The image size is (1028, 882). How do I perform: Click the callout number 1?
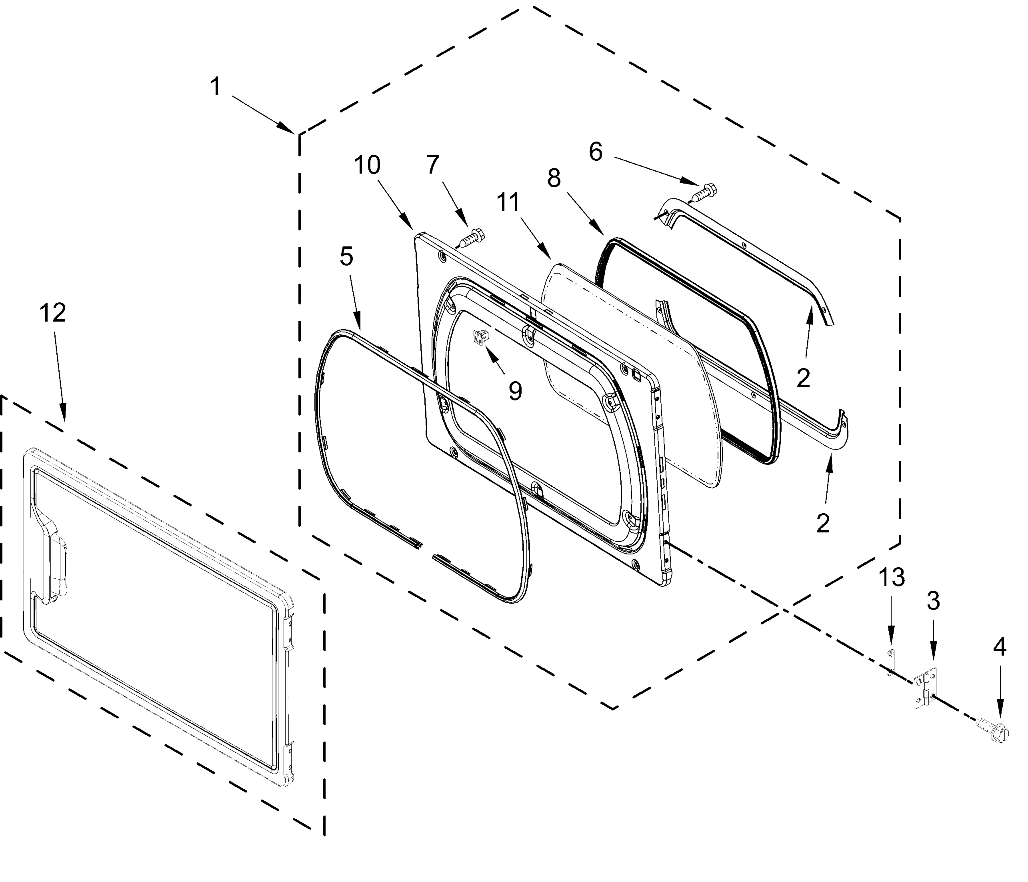coord(215,87)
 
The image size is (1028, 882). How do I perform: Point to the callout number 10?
coord(367,165)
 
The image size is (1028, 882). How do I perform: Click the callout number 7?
coord(433,165)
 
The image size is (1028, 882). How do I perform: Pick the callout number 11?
coord(508,202)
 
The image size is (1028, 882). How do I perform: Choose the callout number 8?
coord(554,177)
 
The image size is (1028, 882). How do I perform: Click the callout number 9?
coord(516,391)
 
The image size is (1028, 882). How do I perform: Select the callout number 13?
coord(892,578)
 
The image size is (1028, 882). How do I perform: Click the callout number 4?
coord(999,646)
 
